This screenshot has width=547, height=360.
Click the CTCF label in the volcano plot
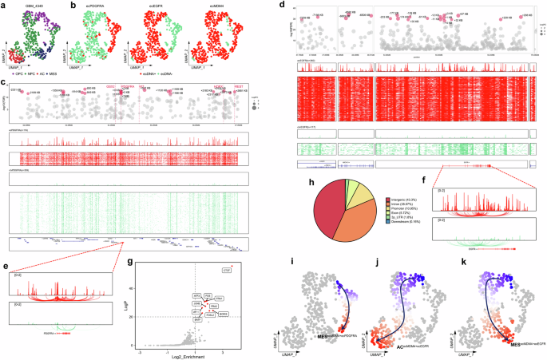point(227,272)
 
